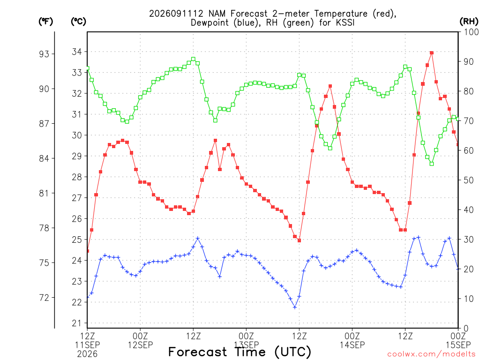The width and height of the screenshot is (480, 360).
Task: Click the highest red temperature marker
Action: pyautogui.click(x=432, y=52)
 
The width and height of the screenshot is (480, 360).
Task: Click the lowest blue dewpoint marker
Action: pyautogui.click(x=295, y=307)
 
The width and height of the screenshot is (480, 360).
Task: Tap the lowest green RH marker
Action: pyautogui.click(x=432, y=164)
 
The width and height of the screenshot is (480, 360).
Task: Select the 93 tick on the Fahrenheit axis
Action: pyautogui.click(x=44, y=54)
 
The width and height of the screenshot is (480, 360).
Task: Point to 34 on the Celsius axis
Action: pyautogui.click(x=77, y=52)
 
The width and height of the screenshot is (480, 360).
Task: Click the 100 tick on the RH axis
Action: pyautogui.click(x=471, y=32)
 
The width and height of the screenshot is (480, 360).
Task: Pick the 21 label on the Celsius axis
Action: pyautogui.click(x=77, y=323)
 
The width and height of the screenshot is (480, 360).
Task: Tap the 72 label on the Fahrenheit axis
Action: pyautogui.click(x=44, y=298)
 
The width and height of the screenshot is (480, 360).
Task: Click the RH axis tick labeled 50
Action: pyautogui.click(x=469, y=180)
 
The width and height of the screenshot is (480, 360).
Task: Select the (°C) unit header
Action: pyautogui.click(x=78, y=22)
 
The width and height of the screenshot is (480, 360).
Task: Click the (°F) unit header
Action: pyautogui.click(x=45, y=22)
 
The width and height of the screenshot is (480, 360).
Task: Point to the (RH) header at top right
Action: pyautogui.click(x=469, y=22)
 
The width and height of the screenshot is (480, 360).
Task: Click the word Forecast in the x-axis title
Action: pyautogui.click(x=198, y=352)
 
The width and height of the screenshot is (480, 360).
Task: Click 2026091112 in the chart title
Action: pyautogui.click(x=176, y=14)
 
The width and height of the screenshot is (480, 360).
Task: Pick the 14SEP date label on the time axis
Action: pyautogui.click(x=352, y=345)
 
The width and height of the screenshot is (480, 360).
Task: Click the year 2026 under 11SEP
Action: pyautogui.click(x=87, y=354)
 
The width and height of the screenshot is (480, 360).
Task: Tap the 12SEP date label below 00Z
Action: pyautogui.click(x=140, y=345)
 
